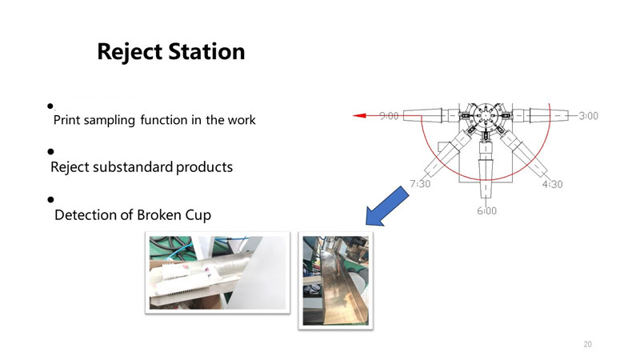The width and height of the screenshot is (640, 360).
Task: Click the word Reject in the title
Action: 130,53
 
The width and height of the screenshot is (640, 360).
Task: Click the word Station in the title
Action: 206,51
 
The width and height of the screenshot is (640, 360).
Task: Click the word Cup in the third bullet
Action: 198,215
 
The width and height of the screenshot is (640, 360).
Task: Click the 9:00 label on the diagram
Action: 389,116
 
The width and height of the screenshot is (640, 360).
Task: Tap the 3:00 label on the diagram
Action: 588,116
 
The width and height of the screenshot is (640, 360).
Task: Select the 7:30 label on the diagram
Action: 420,184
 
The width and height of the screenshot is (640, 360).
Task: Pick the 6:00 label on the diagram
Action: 486,210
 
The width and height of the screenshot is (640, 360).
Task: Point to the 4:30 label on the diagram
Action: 552,184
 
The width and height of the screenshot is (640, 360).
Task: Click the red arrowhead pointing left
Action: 359,115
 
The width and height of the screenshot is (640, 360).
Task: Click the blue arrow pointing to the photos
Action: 386,206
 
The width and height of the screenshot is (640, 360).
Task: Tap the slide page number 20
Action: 587,344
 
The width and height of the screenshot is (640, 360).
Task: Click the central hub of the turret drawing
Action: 486,115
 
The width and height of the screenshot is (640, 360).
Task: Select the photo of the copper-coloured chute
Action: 335,281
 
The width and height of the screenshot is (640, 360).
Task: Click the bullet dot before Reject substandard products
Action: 50,152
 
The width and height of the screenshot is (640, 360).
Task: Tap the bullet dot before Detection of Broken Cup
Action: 50,199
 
